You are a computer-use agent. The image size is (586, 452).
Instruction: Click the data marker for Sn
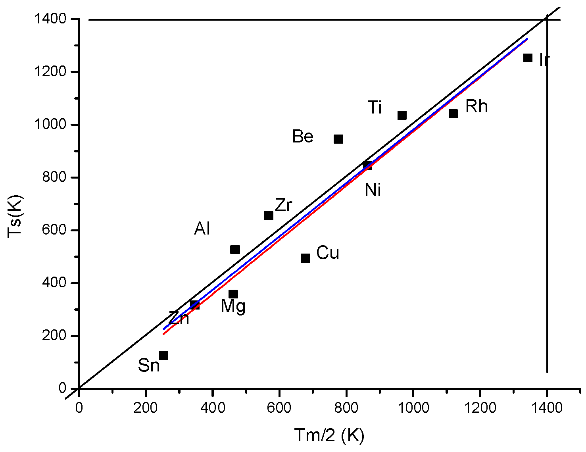pyautogui.click(x=163, y=356)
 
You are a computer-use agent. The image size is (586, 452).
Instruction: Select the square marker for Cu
pyautogui.click(x=305, y=258)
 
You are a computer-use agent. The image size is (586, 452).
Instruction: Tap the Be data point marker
pyautogui.click(x=338, y=139)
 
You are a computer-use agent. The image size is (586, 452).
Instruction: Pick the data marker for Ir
pyautogui.click(x=528, y=58)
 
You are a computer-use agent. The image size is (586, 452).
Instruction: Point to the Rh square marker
pyautogui.click(x=453, y=114)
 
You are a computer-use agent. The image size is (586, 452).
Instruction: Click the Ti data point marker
pyautogui.click(x=402, y=115)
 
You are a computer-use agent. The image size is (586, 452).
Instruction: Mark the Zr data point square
pyautogui.click(x=269, y=215)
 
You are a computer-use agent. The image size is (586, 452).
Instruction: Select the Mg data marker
pyautogui.click(x=233, y=294)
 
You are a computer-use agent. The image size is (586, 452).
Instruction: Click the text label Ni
pyautogui.click(x=373, y=190)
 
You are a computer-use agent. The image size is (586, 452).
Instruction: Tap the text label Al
pyautogui.click(x=202, y=229)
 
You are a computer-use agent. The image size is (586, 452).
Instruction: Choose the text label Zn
pyautogui.click(x=179, y=318)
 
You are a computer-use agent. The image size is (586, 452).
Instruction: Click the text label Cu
pyautogui.click(x=328, y=253)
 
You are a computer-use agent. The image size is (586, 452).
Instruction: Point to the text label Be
pyautogui.click(x=303, y=137)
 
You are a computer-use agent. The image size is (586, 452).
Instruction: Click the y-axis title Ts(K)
pyautogui.click(x=16, y=216)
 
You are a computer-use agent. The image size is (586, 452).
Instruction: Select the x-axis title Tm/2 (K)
pyautogui.click(x=329, y=435)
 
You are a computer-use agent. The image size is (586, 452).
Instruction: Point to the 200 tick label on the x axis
pyautogui.click(x=146, y=408)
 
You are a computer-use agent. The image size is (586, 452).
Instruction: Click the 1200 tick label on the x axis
pyautogui.click(x=480, y=408)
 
